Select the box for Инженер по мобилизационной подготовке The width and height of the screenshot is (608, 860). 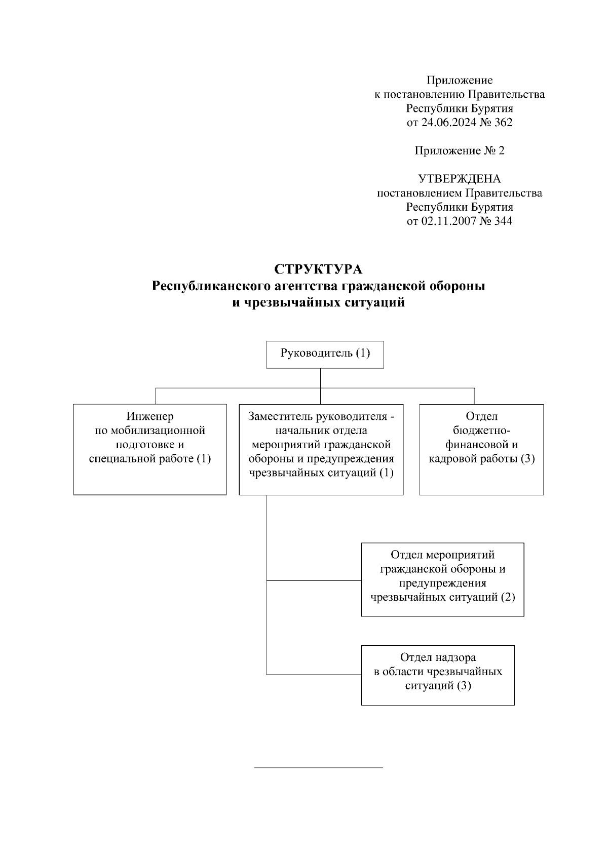[x=149, y=449]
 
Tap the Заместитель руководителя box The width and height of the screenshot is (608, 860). [x=321, y=449]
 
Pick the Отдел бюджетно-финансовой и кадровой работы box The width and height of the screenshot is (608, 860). [x=481, y=449]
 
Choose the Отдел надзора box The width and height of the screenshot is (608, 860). [x=438, y=675]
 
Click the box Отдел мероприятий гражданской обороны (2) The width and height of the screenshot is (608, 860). [x=442, y=579]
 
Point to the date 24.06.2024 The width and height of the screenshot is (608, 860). [x=448, y=123]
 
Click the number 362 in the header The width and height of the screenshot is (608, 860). [x=503, y=123]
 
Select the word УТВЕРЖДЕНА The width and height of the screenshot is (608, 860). [x=459, y=179]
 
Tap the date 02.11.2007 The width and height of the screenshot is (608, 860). [x=448, y=221]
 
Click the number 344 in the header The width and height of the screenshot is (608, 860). [x=503, y=221]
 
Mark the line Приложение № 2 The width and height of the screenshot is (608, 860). [x=459, y=151]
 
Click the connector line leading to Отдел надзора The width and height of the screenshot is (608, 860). [x=314, y=675]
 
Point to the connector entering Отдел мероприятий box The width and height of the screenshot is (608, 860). [x=314, y=580]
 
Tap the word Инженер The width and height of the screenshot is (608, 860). [x=150, y=416]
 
